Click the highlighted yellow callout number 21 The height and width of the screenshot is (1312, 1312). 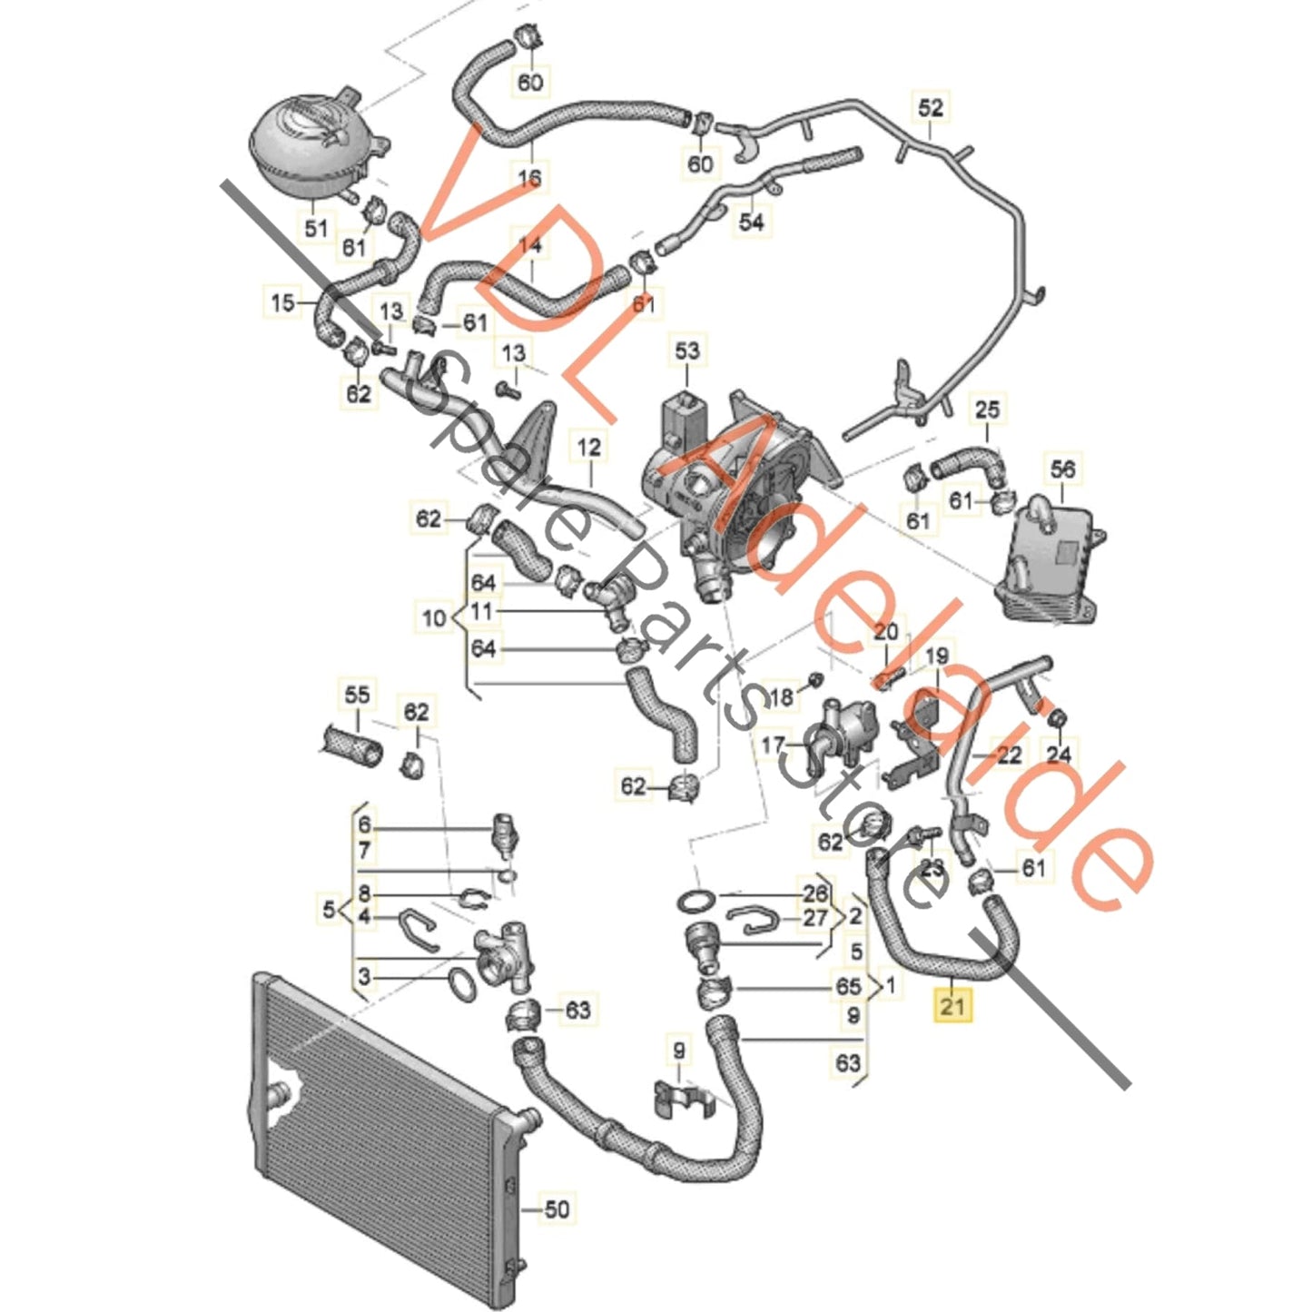click(x=952, y=1005)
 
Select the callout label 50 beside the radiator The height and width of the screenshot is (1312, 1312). click(x=557, y=1208)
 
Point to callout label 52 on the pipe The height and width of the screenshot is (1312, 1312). click(x=931, y=107)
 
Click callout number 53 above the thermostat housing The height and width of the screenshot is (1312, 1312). click(x=687, y=350)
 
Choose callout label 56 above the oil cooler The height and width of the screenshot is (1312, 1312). click(x=1062, y=469)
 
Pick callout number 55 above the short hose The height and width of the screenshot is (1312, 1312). click(x=358, y=695)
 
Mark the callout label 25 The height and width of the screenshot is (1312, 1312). click(x=987, y=409)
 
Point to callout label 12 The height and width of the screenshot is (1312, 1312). click(x=589, y=447)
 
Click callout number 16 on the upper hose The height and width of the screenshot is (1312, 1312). click(x=529, y=177)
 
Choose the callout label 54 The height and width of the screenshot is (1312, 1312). click(x=752, y=221)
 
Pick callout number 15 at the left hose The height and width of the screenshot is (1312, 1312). click(x=283, y=301)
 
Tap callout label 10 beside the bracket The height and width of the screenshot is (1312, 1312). click(x=434, y=618)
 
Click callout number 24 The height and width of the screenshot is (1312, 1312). click(x=1059, y=754)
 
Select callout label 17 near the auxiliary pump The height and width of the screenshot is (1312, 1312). click(x=773, y=745)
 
